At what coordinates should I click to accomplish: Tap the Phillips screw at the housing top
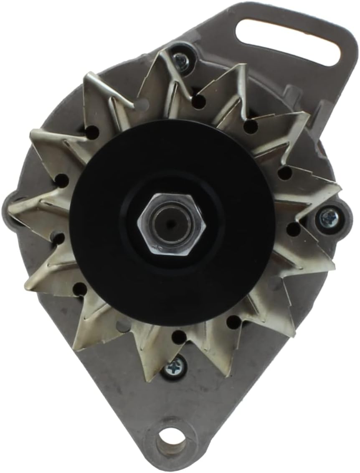(x=182, y=61)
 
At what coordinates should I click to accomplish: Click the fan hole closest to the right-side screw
(x=294, y=229)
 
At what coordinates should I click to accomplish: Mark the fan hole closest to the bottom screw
(x=179, y=337)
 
